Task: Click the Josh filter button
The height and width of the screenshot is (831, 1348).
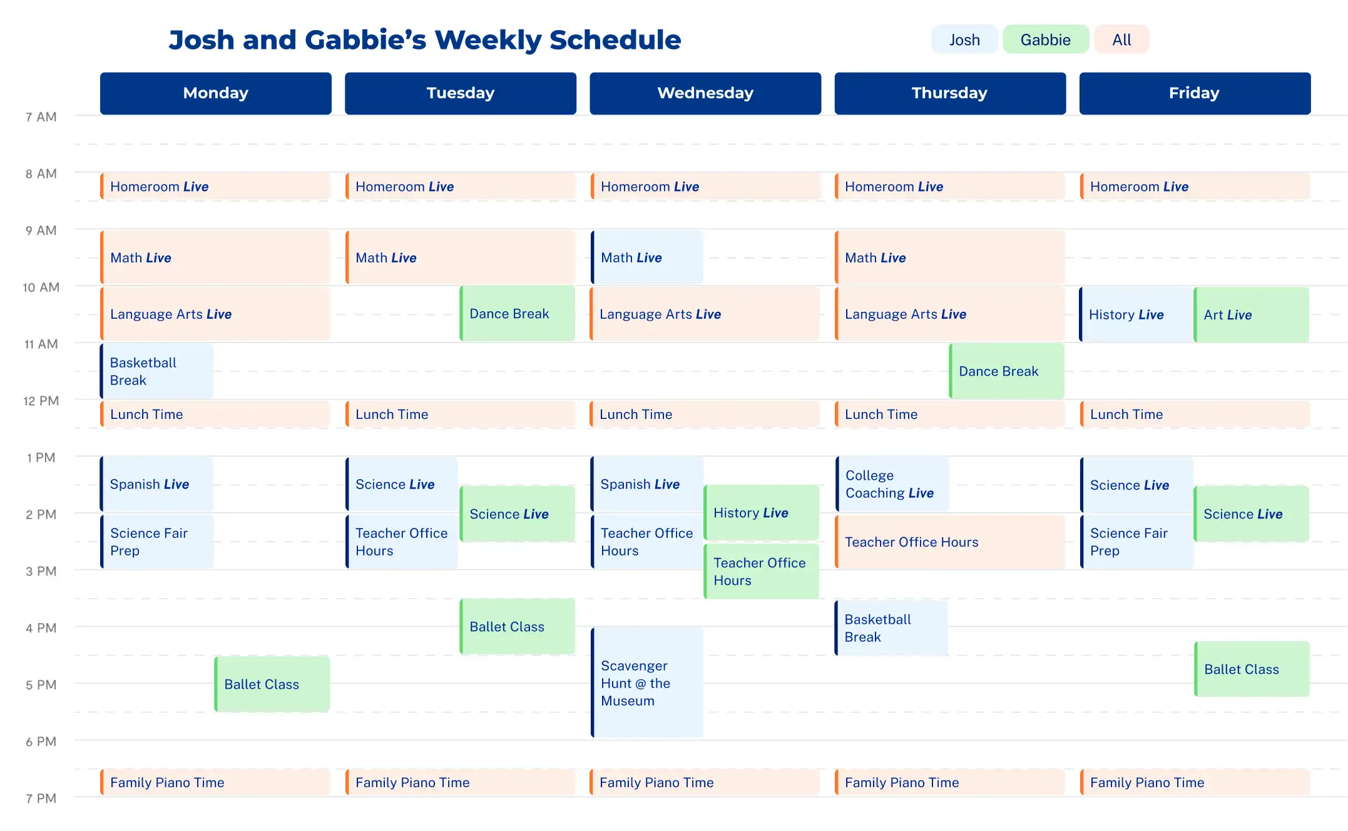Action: [x=964, y=40]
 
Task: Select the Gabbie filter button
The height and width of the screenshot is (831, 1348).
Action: [x=1045, y=40]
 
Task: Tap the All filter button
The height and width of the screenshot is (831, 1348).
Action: [x=1121, y=40]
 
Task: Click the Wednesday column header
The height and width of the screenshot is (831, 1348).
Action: [x=705, y=93]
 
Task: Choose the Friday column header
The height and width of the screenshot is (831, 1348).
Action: [x=1194, y=93]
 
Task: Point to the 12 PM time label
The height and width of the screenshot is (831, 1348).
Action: [x=41, y=401]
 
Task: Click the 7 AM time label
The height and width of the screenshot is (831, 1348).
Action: [x=41, y=117]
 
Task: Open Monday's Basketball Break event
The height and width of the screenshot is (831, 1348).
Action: [x=156, y=371]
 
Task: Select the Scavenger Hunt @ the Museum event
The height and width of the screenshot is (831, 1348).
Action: [x=647, y=683]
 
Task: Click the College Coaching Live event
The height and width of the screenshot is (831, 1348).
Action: [x=892, y=484]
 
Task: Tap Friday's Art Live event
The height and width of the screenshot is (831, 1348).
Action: [x=1251, y=314]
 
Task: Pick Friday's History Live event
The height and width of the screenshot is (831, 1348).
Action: [x=1136, y=314]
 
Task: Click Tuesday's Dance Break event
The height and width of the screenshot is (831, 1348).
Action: [x=517, y=314]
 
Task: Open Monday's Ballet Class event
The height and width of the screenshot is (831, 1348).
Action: [x=272, y=684]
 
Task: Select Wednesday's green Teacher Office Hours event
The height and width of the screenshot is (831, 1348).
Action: [x=761, y=571]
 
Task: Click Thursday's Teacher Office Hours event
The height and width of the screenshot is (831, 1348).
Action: [x=949, y=542]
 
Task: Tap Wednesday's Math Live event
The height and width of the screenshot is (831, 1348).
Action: [x=647, y=257]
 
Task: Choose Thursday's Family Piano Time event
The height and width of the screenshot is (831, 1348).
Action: [x=949, y=782]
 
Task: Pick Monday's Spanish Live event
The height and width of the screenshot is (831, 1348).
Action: [x=156, y=484]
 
